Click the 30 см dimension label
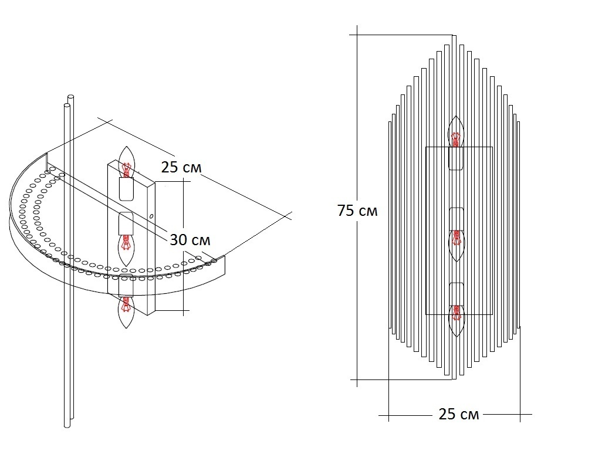[190, 239]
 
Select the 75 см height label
[357, 211]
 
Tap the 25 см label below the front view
[459, 414]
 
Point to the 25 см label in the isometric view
[181, 167]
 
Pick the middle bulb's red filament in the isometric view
[126, 242]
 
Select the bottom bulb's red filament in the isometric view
[126, 305]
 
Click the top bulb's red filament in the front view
[455, 139]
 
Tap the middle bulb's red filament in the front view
[455, 238]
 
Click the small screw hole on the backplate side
[151, 216]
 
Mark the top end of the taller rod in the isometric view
[71, 96]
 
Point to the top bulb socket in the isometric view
[126, 188]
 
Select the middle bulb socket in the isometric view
[126, 223]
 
